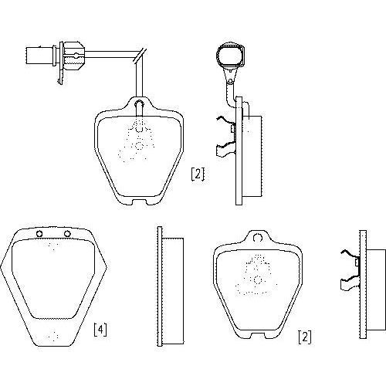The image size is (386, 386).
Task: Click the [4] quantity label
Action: point(100,330)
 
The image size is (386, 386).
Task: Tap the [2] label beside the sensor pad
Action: point(198,174)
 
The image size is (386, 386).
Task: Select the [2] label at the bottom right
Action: point(304,337)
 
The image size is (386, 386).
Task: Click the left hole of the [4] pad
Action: point(39,234)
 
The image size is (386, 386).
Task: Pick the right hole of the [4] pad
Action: point(67,234)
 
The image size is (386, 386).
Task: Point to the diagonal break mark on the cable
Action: point(140,55)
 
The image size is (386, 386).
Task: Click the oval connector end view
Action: point(230,55)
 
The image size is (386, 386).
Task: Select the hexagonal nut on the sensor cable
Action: point(74,55)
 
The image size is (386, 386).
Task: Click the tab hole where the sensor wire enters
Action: point(139,104)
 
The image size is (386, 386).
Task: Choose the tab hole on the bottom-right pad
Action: point(258,237)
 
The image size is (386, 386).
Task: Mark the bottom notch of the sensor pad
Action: point(140,202)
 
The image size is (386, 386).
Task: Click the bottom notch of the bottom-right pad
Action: point(258,335)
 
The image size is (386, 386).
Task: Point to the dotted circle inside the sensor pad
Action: point(139,146)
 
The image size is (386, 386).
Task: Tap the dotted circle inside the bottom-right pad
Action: point(258,279)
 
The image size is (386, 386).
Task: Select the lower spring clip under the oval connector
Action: point(225,149)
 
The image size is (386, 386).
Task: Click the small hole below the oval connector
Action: point(230,82)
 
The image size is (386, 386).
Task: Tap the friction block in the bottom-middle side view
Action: point(173,291)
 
